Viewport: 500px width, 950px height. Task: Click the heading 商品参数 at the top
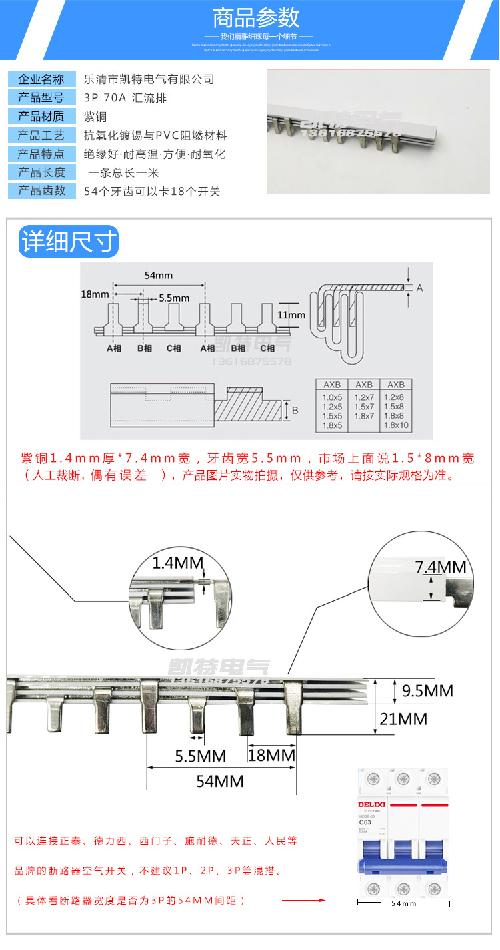point(256,17)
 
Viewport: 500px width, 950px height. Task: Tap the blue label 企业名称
point(42,79)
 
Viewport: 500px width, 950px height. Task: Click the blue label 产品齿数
point(42,191)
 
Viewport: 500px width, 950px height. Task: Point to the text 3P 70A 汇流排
point(125,98)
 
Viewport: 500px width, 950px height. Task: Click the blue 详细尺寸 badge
point(68,242)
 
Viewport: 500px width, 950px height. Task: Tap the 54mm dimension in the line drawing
point(158,275)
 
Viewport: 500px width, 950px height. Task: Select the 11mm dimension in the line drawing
point(291,315)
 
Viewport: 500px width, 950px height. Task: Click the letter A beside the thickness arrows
point(419,288)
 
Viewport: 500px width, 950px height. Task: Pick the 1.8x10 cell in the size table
point(396,425)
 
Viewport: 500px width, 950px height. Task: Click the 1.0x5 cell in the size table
point(332,397)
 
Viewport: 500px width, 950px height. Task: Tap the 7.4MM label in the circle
point(441,567)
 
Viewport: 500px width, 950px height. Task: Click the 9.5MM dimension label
point(427,690)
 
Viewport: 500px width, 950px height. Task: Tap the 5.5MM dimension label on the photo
point(200,756)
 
